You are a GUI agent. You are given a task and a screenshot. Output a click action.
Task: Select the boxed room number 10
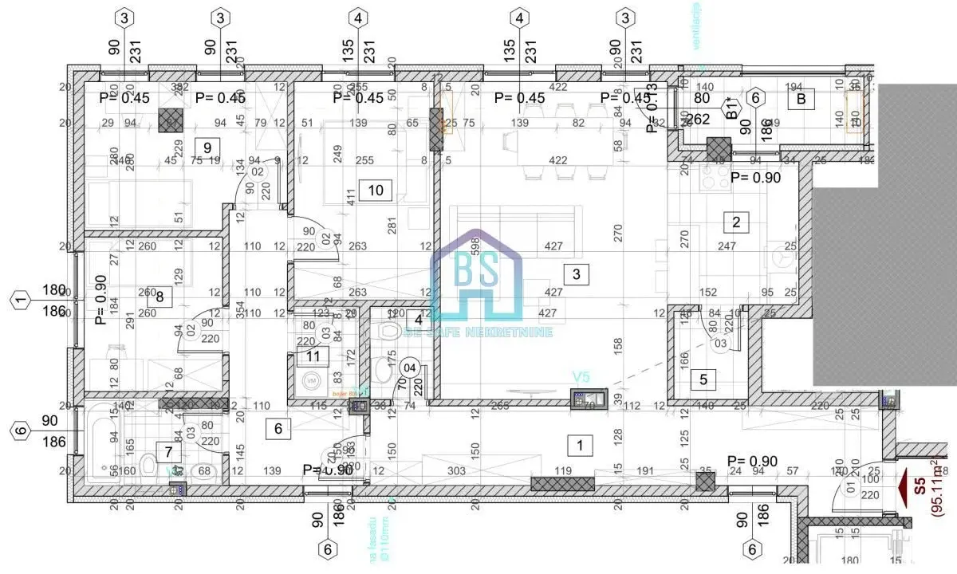(x=376, y=189)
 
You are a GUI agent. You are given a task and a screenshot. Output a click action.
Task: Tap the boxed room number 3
(x=576, y=275)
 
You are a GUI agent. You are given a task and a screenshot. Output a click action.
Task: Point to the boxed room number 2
(x=736, y=222)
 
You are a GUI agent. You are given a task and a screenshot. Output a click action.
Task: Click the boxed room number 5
(x=703, y=379)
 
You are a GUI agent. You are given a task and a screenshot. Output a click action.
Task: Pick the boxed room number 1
(x=580, y=445)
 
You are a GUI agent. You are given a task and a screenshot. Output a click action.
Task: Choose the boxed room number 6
(x=278, y=428)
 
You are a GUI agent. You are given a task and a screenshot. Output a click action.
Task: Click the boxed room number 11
(x=313, y=356)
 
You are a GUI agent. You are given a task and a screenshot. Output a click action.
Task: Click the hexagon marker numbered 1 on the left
(x=21, y=301)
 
